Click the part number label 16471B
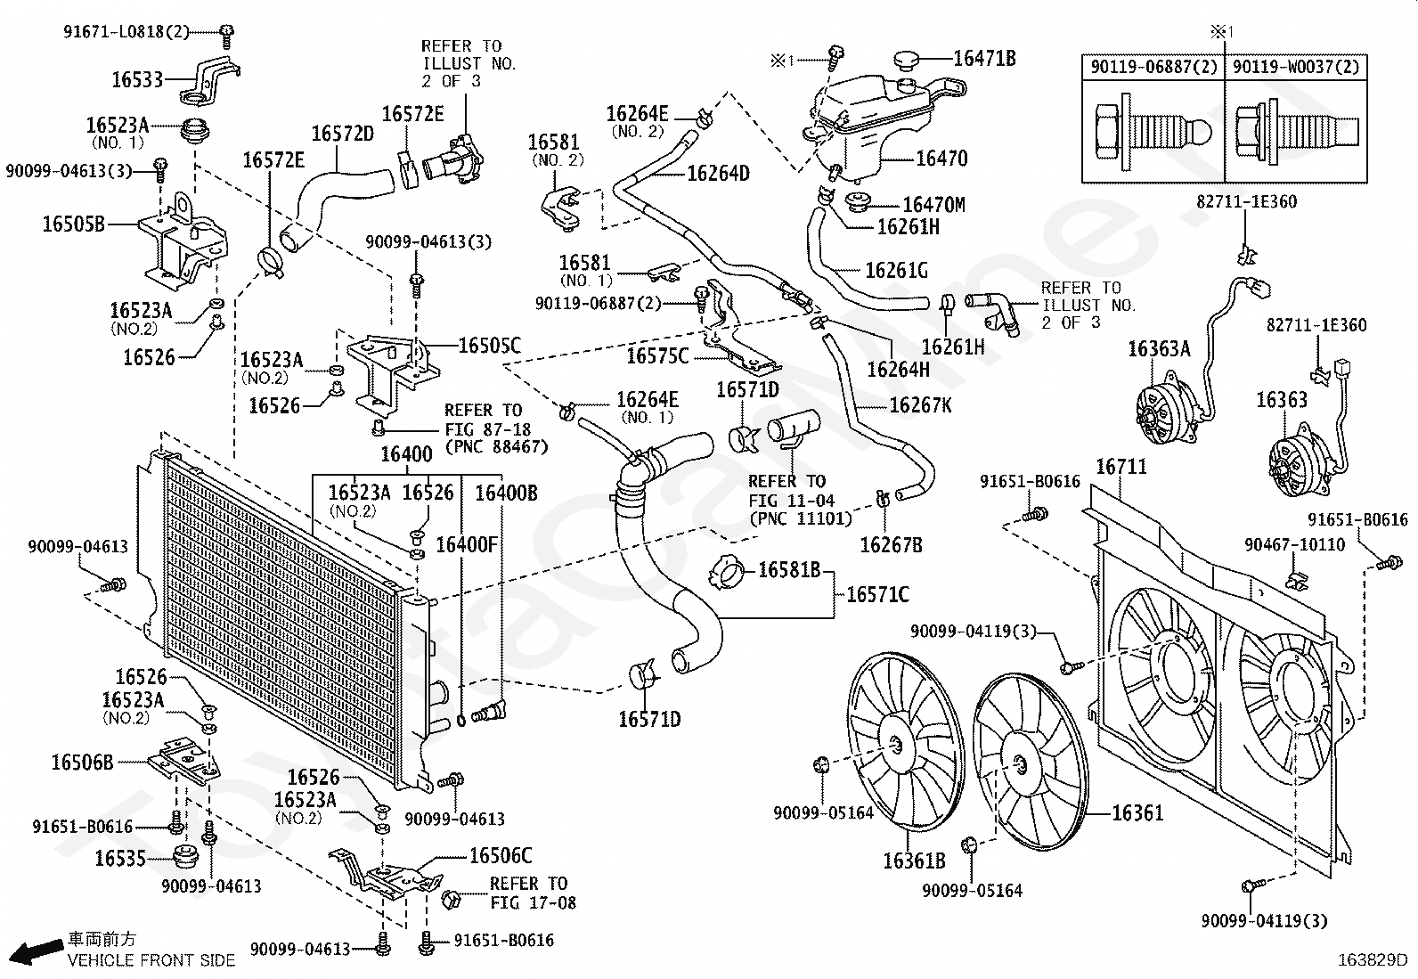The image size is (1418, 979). tap(984, 59)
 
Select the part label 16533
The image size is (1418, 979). tap(137, 80)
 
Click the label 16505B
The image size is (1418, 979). tap(73, 224)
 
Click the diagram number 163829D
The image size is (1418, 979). tap(1373, 960)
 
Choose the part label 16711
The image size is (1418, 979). tap(1121, 467)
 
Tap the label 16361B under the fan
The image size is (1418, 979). tap(914, 861)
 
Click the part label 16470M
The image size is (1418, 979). tap(933, 205)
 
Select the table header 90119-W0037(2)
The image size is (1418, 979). tap(1296, 67)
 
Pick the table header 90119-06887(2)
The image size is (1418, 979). tap(1153, 67)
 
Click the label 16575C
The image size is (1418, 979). tap(657, 356)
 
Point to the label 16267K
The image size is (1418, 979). tap(920, 405)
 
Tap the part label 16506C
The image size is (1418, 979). tap(501, 855)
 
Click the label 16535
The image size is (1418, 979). tap(120, 859)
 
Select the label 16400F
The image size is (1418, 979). tap(467, 544)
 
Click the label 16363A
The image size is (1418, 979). tap(1159, 349)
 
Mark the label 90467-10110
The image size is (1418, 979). tap(1294, 544)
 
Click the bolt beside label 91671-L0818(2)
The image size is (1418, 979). tap(226, 36)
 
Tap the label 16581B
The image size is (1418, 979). tap(789, 570)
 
